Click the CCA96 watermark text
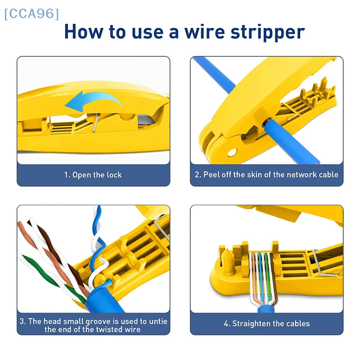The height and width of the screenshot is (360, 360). tap(31, 13)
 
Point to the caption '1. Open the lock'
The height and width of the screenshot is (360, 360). tap(93, 175)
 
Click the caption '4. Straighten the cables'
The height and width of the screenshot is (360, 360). tap(266, 324)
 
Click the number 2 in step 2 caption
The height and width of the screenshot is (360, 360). tap(197, 175)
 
